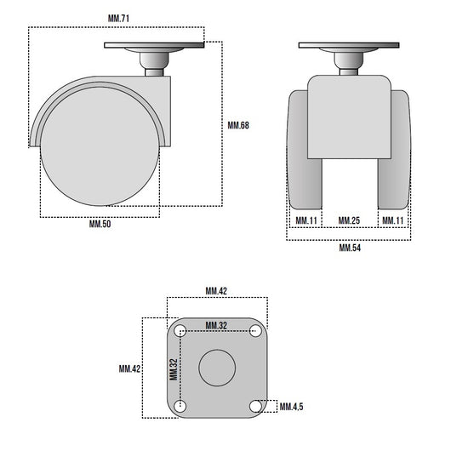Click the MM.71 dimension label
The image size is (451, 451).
118,19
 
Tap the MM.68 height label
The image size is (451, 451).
238,125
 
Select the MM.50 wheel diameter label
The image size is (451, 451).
100,224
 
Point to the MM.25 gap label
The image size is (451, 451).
349,220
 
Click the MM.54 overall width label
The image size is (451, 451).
350,248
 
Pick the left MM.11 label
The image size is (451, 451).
306,220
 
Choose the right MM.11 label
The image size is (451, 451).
393,220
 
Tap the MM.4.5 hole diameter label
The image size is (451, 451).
291,407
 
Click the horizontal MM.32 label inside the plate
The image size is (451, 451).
216,326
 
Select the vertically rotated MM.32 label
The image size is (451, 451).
174,369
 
